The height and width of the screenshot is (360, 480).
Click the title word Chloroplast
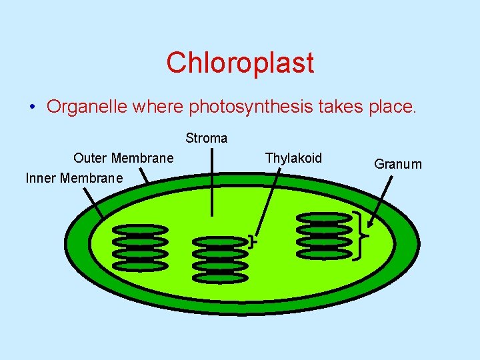[x=240, y=63]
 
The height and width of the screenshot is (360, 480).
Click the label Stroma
[x=207, y=138]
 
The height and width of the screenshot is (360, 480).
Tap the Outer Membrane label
[x=123, y=158]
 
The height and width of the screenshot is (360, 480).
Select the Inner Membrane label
[x=74, y=178]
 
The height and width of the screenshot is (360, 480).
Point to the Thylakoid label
[x=293, y=158]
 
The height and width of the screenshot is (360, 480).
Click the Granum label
[x=398, y=164]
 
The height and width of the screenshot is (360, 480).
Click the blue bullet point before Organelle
[x=32, y=107]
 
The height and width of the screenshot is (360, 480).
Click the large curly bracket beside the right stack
[x=361, y=235]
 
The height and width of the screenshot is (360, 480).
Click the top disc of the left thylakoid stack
[x=140, y=229]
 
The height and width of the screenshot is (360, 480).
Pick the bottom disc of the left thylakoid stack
[x=140, y=265]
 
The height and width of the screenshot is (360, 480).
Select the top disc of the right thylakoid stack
[x=323, y=217]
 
